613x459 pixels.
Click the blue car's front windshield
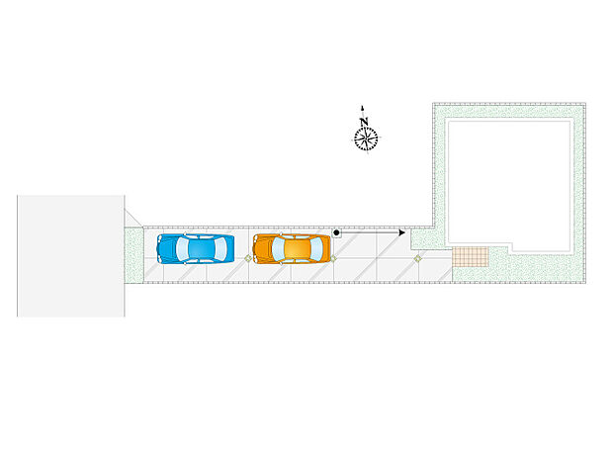point(182,249)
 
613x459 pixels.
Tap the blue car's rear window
point(220,249)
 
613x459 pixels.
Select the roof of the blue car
point(201,249)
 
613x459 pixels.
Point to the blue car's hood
point(166,249)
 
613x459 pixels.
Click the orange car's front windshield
point(278,249)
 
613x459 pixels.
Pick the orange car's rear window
point(316,249)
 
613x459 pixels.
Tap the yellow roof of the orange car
point(298,249)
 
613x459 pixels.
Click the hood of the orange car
point(262,249)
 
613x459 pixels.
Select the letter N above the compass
point(365,122)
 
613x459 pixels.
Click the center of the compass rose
point(366,138)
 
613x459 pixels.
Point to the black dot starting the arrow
point(336,232)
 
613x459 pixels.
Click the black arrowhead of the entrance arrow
point(401,232)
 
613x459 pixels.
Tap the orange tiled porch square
point(471,256)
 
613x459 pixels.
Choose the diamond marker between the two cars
point(248,258)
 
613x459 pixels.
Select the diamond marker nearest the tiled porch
point(418,258)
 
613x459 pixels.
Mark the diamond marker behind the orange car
point(333,258)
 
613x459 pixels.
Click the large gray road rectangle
point(71,256)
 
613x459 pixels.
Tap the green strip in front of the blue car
point(133,255)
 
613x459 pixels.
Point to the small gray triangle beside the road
point(131,220)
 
